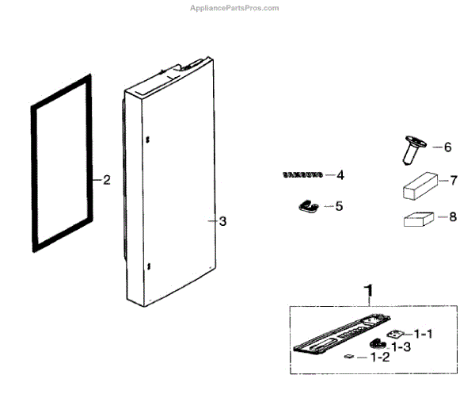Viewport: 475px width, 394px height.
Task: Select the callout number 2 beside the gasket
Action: [x=106, y=180]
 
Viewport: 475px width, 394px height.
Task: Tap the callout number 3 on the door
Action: [x=222, y=221]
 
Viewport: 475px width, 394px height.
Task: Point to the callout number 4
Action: [x=340, y=174]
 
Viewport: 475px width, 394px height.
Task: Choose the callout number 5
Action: [x=339, y=206]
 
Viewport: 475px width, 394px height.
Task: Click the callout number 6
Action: [x=446, y=147]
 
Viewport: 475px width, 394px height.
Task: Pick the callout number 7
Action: [x=454, y=181]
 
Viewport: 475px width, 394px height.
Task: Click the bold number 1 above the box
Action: [x=367, y=290]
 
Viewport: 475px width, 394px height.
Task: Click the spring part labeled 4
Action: [x=302, y=174]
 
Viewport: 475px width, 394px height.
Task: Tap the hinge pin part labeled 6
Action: [x=412, y=149]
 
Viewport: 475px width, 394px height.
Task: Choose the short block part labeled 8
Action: [x=420, y=219]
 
